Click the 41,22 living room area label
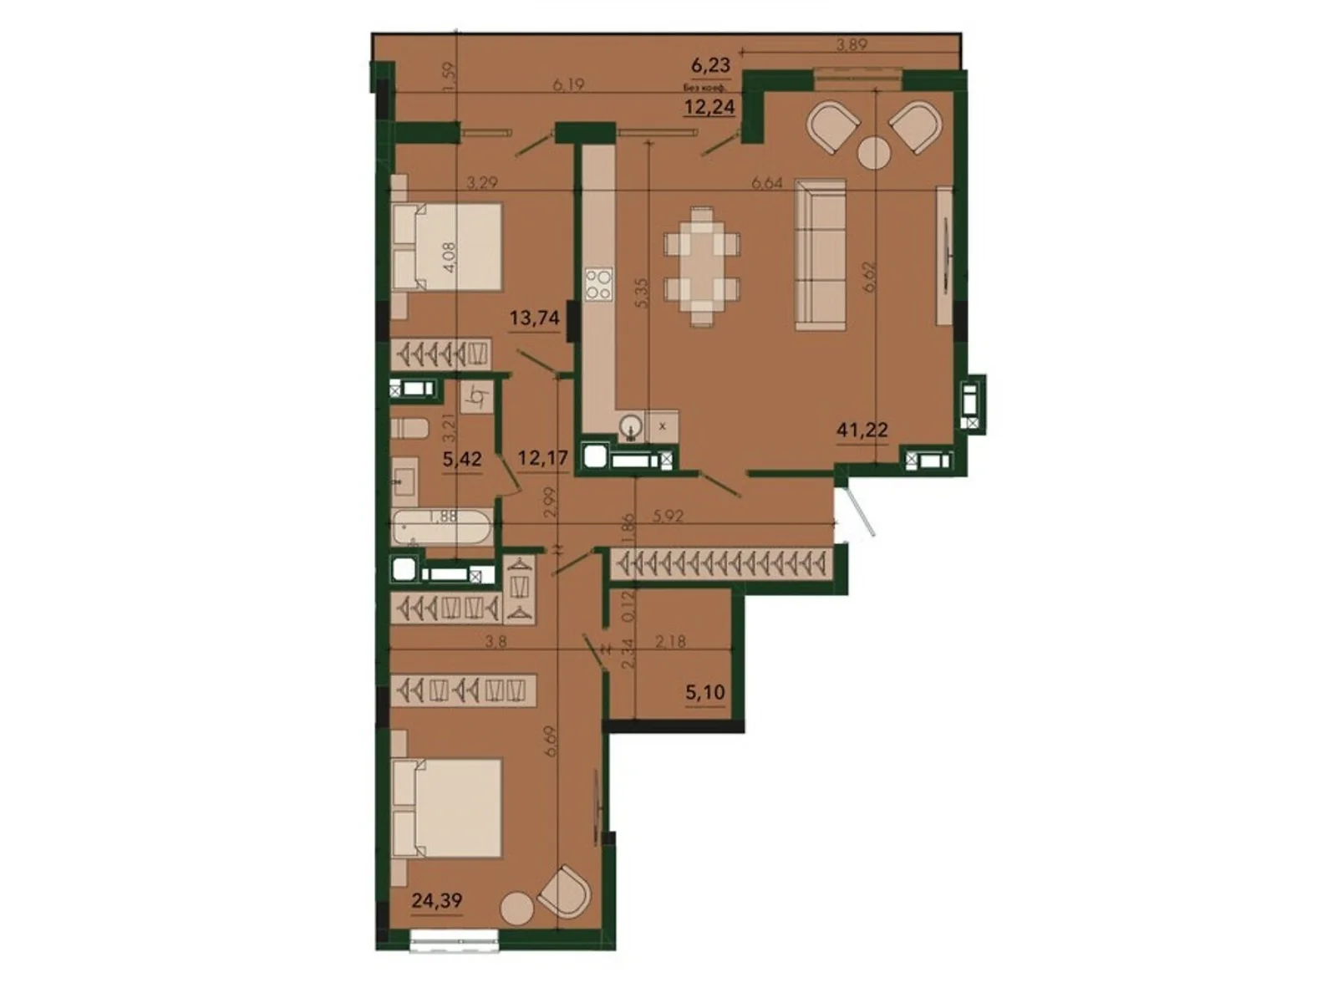click(862, 430)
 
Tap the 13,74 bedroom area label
click(534, 318)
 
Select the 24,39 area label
click(436, 900)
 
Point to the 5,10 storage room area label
click(704, 693)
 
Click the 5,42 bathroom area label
click(461, 459)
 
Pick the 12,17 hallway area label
click(542, 458)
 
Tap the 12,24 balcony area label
click(709, 106)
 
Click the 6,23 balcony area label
click(710, 64)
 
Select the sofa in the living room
click(820, 255)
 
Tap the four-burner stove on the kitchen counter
click(598, 283)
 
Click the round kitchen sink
click(631, 427)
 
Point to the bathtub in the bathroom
click(442, 527)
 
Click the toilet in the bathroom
click(409, 429)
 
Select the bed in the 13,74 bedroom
click(446, 247)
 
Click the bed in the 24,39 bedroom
click(446, 807)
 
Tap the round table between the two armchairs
click(874, 153)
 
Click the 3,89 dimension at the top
click(852, 46)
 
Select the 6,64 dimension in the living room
click(766, 183)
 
